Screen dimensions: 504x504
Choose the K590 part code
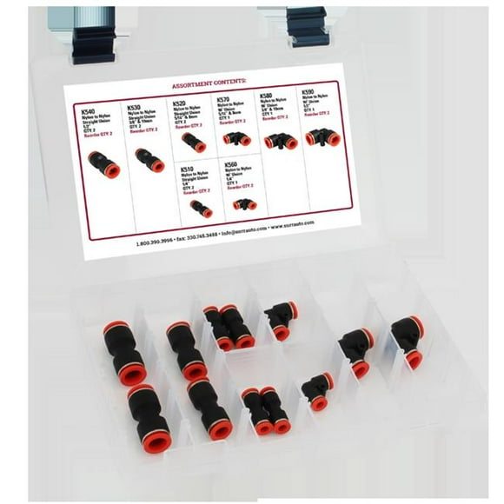(x=308, y=90)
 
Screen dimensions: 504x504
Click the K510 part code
(x=189, y=166)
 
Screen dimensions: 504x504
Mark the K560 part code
(x=231, y=162)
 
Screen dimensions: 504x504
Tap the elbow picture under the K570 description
(x=236, y=136)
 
